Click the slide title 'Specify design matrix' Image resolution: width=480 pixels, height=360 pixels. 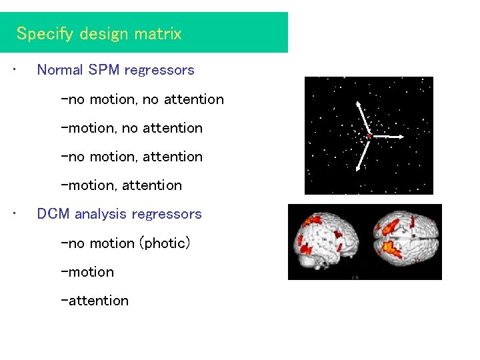[x=99, y=34]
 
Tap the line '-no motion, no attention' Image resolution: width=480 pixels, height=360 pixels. [x=142, y=99]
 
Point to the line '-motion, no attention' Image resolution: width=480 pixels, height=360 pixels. [x=131, y=128]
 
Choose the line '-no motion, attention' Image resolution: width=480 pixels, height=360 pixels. [x=131, y=157]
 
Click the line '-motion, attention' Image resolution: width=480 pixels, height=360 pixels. [x=121, y=185]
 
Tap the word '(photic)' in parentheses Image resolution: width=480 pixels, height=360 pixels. [x=164, y=243]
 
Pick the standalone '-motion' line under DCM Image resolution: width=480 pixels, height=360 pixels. [x=87, y=272]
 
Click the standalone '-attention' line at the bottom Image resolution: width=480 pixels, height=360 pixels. [x=95, y=301]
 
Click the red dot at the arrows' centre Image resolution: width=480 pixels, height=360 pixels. [x=369, y=136]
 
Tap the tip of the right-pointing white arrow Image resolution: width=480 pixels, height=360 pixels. [x=402, y=137]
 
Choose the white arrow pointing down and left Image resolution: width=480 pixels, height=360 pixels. [x=362, y=153]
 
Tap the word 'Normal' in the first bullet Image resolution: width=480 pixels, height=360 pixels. [x=60, y=70]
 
